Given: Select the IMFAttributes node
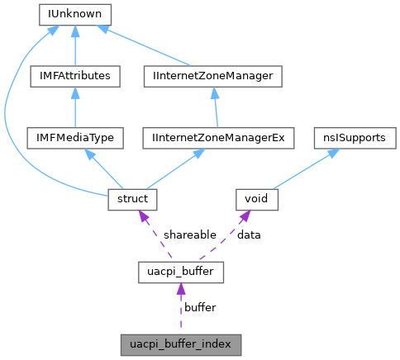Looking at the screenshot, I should tap(75, 76).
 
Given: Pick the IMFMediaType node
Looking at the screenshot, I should tap(75, 137).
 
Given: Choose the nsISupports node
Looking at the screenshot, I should tap(351, 137).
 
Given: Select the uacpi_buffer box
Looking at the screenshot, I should tap(180, 270).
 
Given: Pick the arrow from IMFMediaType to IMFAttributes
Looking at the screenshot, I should tap(75, 107).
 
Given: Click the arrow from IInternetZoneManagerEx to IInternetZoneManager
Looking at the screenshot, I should tap(219, 107).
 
